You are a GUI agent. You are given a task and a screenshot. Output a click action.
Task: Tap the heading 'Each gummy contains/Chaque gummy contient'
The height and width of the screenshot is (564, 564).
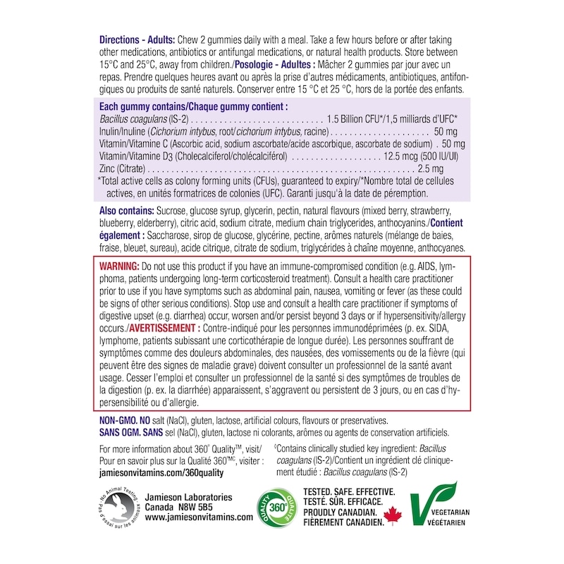(x=194, y=106)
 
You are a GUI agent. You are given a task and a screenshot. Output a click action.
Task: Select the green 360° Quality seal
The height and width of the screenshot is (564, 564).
(x=276, y=506)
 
